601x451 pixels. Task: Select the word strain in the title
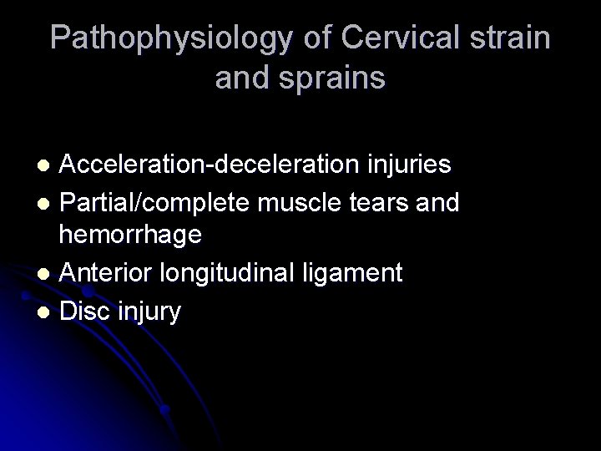[x=508, y=39]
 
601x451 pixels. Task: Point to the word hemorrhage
[x=130, y=236]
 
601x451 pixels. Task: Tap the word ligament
[x=361, y=273]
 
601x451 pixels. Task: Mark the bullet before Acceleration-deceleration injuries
[x=47, y=164]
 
